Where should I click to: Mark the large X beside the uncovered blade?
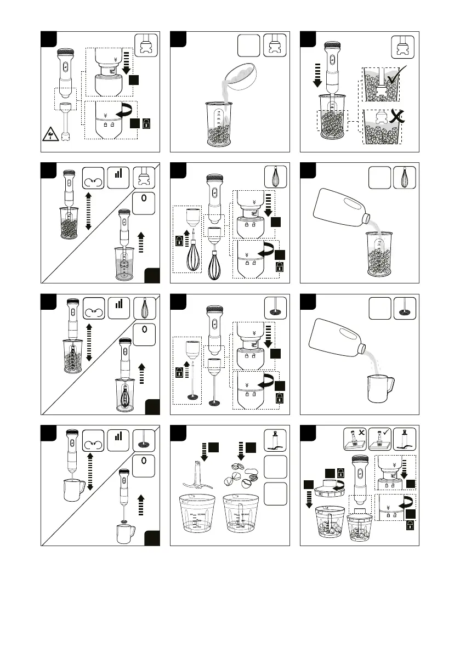click(394, 116)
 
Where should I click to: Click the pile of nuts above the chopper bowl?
click(245, 473)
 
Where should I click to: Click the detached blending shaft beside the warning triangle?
click(66, 121)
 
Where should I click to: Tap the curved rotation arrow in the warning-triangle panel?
click(129, 111)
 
